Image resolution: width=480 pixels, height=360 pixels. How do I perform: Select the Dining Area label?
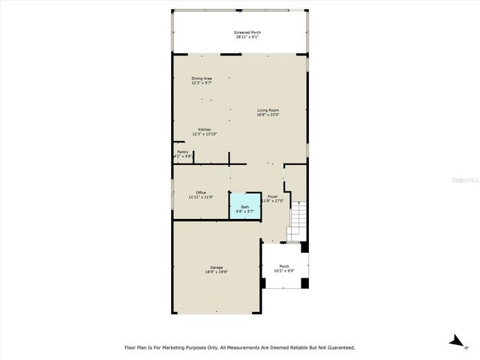pyautogui.click(x=201, y=78)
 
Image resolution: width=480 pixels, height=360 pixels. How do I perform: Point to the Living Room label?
pyautogui.click(x=268, y=110)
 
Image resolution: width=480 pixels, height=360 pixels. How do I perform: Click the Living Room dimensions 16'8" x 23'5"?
pyautogui.click(x=268, y=115)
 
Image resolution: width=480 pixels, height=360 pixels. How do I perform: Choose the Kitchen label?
pyautogui.click(x=203, y=129)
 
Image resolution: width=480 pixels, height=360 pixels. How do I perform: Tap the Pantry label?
pyautogui.click(x=182, y=151)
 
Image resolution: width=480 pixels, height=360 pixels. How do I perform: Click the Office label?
pyautogui.click(x=200, y=192)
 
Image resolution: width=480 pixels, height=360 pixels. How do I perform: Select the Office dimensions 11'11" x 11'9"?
pyautogui.click(x=200, y=197)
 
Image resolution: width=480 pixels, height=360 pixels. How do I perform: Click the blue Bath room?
pyautogui.click(x=244, y=208)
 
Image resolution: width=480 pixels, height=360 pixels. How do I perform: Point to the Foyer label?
pyautogui.click(x=272, y=196)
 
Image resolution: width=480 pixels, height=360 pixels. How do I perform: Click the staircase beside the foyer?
pyautogui.click(x=298, y=218)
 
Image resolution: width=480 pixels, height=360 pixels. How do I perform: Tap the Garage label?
pyautogui.click(x=216, y=268)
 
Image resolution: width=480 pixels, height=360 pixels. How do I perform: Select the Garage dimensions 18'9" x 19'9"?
pyautogui.click(x=216, y=273)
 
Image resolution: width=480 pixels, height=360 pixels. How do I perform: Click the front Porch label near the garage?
pyautogui.click(x=284, y=265)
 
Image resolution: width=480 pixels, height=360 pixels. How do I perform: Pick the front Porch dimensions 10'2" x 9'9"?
pyautogui.click(x=284, y=271)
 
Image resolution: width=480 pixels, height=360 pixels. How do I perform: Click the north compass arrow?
pyautogui.click(x=456, y=341)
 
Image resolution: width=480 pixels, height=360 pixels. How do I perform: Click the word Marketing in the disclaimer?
pyautogui.click(x=190, y=347)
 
